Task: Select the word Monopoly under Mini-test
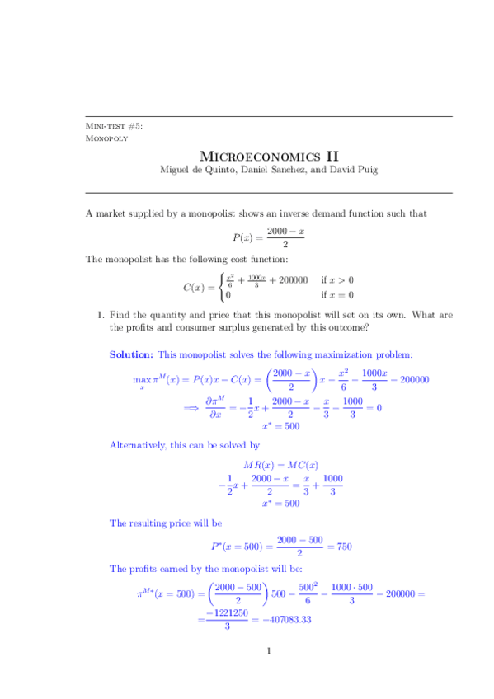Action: (x=107, y=138)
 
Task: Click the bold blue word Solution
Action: (x=131, y=354)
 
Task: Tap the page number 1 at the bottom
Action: (x=269, y=652)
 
